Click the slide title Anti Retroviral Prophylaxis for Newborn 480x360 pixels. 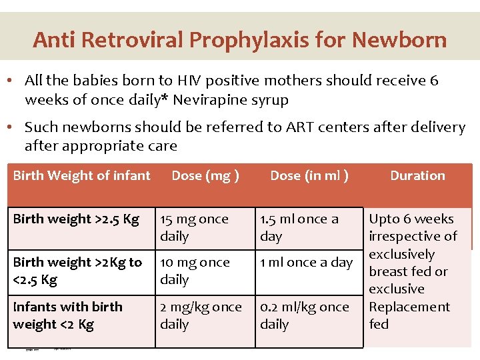(x=240, y=40)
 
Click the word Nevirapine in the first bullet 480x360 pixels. (x=217, y=101)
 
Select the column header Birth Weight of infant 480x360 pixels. (x=82, y=176)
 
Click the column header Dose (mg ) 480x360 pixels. (x=205, y=176)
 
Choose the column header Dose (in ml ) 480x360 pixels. (x=309, y=176)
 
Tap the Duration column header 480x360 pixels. (x=417, y=176)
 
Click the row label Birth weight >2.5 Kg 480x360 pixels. (x=76, y=219)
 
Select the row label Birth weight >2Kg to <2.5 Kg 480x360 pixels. (x=77, y=271)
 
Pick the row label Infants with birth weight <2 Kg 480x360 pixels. (x=68, y=315)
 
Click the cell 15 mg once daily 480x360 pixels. (x=194, y=227)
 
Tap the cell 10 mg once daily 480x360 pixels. (x=195, y=271)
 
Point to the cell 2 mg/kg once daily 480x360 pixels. (x=201, y=315)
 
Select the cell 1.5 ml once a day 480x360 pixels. (x=299, y=227)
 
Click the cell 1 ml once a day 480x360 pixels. (x=306, y=263)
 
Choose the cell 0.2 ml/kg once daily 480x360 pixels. (x=304, y=315)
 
